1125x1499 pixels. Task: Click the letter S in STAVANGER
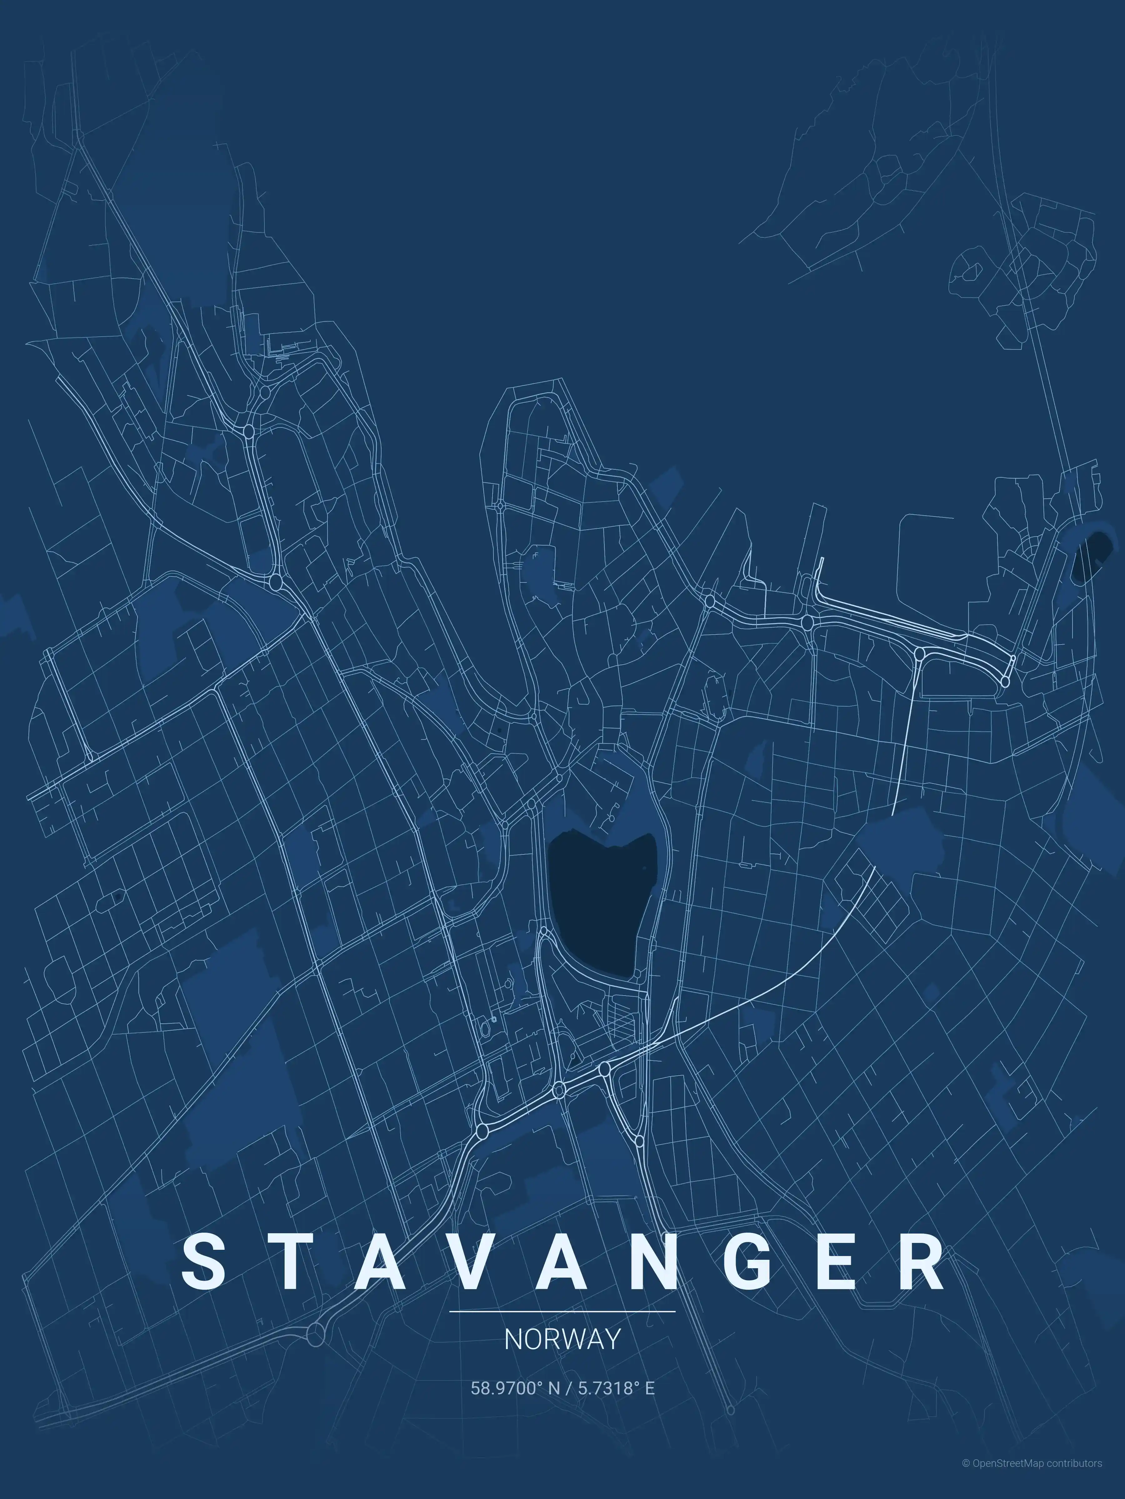point(203,1261)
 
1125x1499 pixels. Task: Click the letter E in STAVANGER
point(840,1261)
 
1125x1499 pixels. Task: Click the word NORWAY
point(562,1339)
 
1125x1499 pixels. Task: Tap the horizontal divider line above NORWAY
point(562,1311)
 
